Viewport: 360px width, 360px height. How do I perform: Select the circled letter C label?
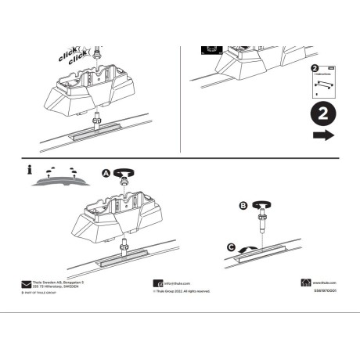231,248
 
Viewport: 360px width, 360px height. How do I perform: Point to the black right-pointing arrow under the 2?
322,135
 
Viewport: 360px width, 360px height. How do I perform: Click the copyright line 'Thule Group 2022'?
182,290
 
